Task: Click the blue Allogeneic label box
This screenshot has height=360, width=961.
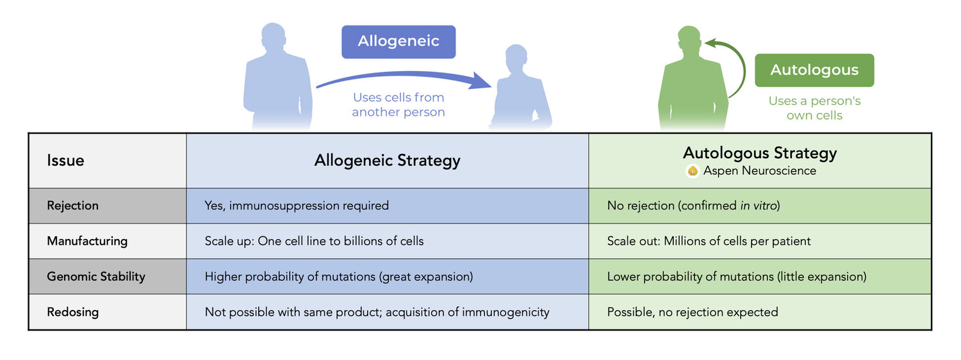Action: pos(398,42)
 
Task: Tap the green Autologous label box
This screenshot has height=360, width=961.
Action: pos(814,70)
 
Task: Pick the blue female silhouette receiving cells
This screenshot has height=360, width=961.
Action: pos(520,90)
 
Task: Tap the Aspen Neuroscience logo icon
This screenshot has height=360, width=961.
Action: pos(692,171)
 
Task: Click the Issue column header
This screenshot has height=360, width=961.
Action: pos(65,160)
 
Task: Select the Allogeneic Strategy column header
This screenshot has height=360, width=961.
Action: pos(387,160)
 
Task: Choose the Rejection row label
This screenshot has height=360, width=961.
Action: pos(72,206)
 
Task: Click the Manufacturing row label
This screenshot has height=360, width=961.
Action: pos(86,241)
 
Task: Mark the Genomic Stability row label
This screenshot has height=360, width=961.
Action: pos(95,277)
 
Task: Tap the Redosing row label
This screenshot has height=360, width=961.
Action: pos(72,312)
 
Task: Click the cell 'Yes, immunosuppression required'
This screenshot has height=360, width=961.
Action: pos(297,206)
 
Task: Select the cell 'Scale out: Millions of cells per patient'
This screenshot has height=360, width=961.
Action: pos(709,241)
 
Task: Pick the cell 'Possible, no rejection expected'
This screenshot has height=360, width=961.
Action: pos(692,312)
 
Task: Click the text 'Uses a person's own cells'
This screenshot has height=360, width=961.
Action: pos(814,108)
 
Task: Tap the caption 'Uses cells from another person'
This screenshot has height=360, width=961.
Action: pos(398,105)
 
